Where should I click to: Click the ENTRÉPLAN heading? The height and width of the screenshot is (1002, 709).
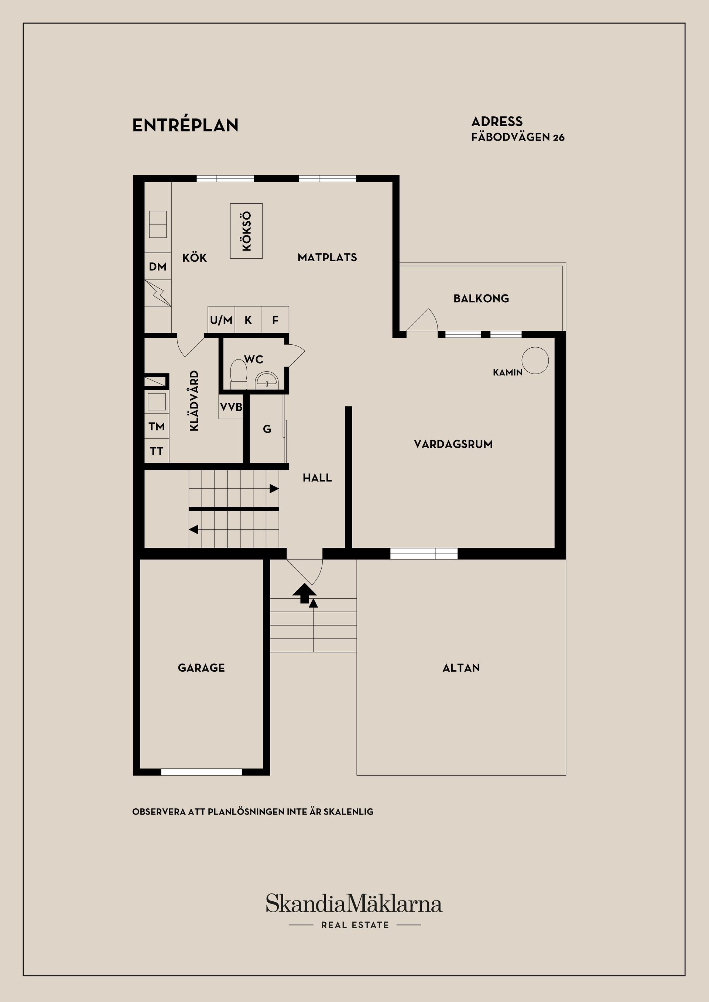(185, 125)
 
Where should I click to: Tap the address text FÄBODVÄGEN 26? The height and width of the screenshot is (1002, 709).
(518, 137)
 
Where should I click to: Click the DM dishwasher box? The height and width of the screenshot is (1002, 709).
(158, 266)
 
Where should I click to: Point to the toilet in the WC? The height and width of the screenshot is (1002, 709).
(239, 374)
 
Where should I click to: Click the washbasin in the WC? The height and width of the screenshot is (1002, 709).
(266, 379)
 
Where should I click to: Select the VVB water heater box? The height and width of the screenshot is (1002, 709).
(231, 407)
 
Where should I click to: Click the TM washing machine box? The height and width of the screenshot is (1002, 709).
(157, 426)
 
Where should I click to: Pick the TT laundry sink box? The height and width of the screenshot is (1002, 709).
(157, 451)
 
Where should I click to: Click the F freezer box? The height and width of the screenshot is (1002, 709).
(275, 320)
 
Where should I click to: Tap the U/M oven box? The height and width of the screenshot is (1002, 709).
(221, 320)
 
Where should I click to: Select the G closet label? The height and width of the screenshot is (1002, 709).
(267, 429)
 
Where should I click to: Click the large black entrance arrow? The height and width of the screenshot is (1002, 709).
(304, 593)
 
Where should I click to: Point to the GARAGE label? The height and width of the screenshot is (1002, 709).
(201, 668)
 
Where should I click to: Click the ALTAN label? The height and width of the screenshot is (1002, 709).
(461, 668)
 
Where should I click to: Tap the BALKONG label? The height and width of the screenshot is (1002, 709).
(481, 299)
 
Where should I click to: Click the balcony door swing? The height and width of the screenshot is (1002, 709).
(422, 321)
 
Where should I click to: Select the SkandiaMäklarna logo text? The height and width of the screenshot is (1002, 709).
(354, 903)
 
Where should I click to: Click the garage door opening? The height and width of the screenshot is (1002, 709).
(201, 772)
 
